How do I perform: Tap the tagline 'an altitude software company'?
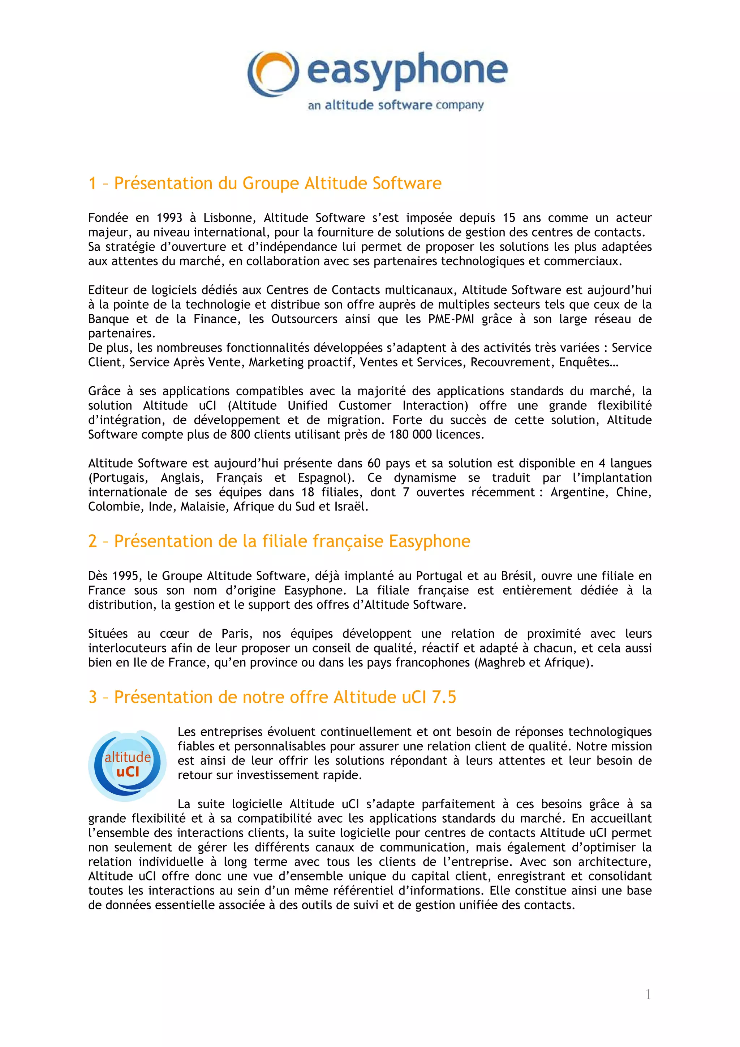click(395, 105)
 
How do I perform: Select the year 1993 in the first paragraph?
click(169, 218)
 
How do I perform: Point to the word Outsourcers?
click(304, 319)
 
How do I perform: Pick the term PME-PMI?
click(451, 319)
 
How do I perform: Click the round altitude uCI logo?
click(127, 766)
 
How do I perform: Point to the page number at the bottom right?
click(648, 995)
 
